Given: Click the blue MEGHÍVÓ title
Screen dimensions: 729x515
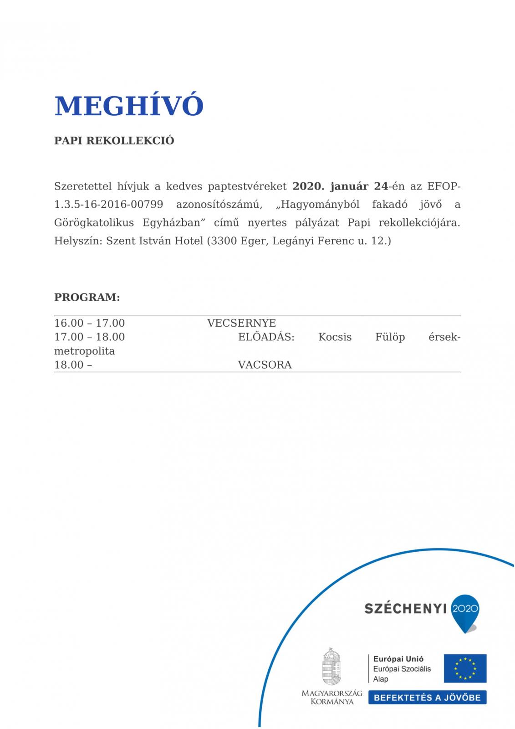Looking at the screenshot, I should point(129,106).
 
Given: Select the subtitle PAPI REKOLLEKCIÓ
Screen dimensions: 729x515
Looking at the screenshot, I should point(114,140).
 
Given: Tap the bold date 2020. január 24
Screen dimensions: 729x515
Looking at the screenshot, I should point(340,186).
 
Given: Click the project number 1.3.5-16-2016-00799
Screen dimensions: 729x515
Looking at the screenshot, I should point(108,205).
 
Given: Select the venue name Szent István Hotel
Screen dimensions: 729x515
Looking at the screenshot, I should point(154,241).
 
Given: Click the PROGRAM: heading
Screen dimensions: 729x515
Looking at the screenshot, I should point(87,298).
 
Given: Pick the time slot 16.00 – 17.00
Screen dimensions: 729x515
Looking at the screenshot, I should point(89,323).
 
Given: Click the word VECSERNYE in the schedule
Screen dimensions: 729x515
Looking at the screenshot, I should point(241,323).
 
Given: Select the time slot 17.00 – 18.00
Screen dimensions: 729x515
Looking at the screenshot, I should point(89,337).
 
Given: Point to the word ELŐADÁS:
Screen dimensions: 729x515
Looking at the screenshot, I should point(266,337).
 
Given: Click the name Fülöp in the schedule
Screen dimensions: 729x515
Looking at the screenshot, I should point(390,337).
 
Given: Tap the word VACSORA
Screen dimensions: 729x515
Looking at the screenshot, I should point(265,365).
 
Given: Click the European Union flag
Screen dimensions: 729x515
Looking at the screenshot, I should point(465,668).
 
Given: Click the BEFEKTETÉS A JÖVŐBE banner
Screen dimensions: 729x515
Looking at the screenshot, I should point(427,698).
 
